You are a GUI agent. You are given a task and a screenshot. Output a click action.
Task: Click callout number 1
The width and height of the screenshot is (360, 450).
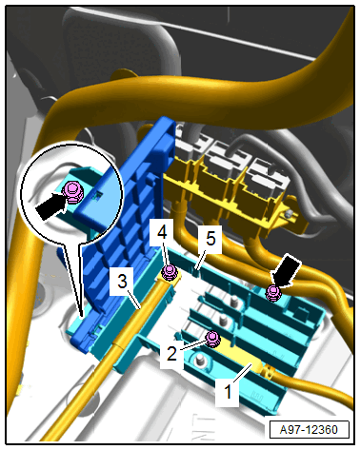click(x=228, y=391)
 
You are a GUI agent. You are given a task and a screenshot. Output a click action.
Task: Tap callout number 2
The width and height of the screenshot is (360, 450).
click(x=171, y=353)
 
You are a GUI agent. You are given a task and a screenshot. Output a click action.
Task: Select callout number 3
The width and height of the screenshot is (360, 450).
click(x=122, y=282)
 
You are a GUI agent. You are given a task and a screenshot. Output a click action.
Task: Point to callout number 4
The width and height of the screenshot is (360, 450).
click(x=162, y=233)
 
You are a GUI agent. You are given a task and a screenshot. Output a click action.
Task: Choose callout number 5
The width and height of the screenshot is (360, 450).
click(x=210, y=239)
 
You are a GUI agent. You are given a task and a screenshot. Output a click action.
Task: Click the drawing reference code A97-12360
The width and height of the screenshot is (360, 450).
click(x=309, y=430)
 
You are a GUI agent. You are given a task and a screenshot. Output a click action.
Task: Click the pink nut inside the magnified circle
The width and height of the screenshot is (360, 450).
click(x=73, y=192)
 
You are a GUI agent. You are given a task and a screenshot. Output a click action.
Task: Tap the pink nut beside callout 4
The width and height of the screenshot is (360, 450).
click(x=170, y=273)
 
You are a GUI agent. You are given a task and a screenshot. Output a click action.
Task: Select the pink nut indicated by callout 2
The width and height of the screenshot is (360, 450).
click(x=212, y=339)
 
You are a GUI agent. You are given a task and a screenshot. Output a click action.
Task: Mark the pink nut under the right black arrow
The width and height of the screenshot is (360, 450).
click(x=273, y=293)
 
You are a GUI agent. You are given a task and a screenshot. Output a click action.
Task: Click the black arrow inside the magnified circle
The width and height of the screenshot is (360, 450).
click(x=50, y=207)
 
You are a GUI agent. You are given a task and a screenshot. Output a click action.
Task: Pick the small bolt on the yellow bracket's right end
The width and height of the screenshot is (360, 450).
click(x=289, y=215)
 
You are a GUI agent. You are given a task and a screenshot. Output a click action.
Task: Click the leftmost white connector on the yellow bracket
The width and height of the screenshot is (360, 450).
click(x=188, y=147)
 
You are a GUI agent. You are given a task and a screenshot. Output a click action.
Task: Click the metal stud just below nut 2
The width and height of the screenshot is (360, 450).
click(x=200, y=360)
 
